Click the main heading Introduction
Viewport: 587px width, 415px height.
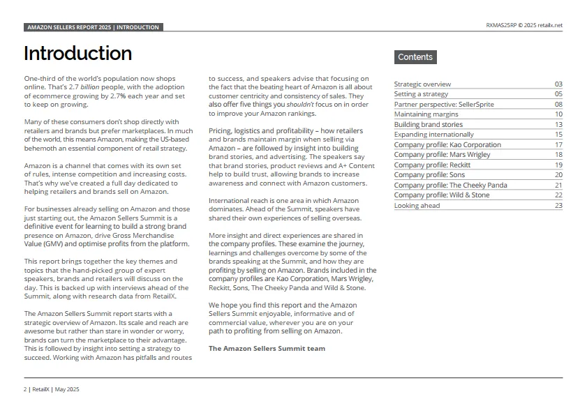(77, 54)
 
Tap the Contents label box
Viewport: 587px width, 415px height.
(415, 57)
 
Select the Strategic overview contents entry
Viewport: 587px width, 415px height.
(422, 84)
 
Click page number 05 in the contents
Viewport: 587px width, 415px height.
(558, 94)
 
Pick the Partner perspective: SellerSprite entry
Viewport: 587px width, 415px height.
(443, 105)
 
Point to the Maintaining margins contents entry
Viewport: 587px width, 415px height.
(426, 114)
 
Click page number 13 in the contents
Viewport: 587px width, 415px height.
(558, 125)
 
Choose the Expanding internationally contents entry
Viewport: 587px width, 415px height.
(433, 135)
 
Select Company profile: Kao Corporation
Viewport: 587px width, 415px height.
(447, 145)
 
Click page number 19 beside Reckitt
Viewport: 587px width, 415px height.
(558, 165)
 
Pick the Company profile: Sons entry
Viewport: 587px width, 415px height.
(429, 175)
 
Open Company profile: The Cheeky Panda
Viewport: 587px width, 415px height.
(450, 186)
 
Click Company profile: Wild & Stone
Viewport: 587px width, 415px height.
(441, 195)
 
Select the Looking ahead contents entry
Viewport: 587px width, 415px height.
(417, 206)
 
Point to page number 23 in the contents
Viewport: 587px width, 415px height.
(558, 206)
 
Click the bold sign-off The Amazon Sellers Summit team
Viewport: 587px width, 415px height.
(267, 348)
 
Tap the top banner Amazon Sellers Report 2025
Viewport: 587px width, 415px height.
(93, 27)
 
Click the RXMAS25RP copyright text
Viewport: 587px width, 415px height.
(523, 26)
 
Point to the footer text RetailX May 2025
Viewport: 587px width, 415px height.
(52, 389)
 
